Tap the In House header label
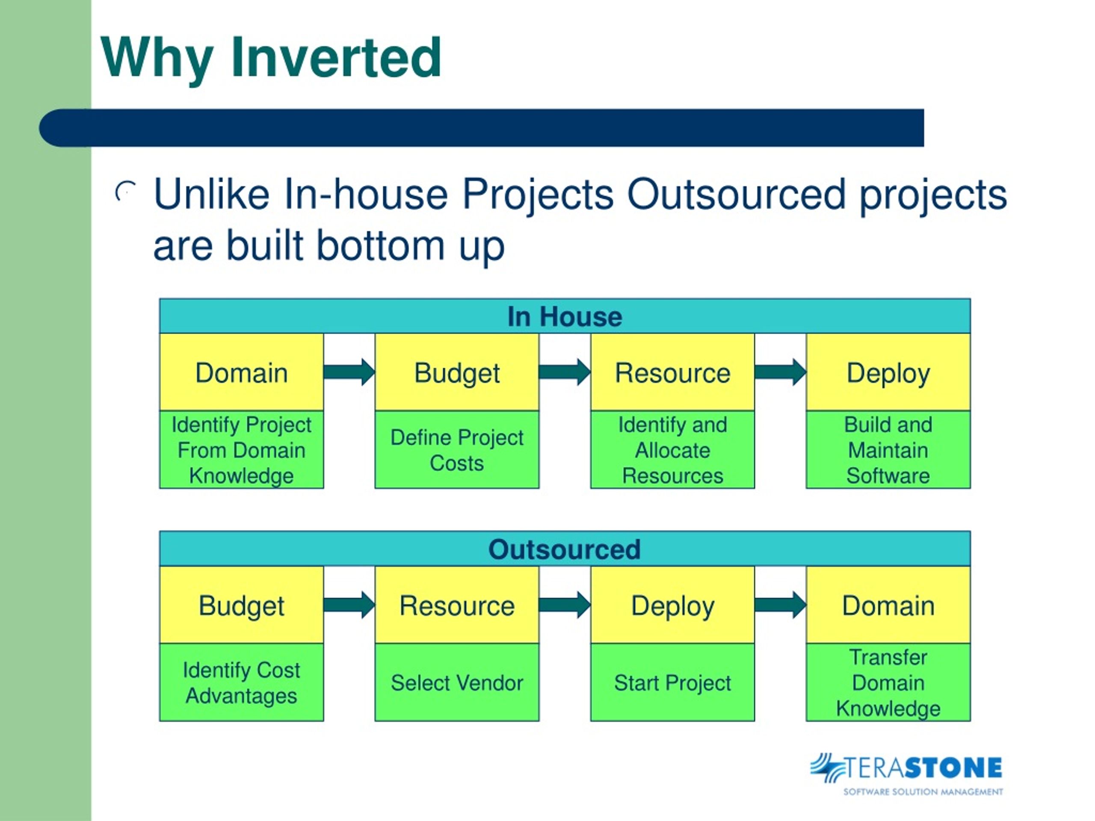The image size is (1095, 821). click(x=565, y=317)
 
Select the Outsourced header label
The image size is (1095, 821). click(x=565, y=549)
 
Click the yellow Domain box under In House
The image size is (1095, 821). click(x=242, y=372)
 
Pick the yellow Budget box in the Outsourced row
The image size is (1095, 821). click(x=242, y=605)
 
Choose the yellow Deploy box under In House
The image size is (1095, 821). click(x=888, y=372)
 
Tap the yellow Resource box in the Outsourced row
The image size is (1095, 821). click(x=457, y=605)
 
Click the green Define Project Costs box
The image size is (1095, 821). click(x=457, y=450)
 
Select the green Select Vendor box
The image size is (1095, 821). click(x=457, y=682)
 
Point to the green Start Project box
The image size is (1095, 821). click(x=673, y=682)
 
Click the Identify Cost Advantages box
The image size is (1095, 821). click(x=242, y=682)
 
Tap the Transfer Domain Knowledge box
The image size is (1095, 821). click(x=888, y=682)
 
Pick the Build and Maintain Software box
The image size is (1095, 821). click(x=888, y=450)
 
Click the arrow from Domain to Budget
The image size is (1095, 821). click(x=349, y=372)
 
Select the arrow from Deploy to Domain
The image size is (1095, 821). click(x=781, y=605)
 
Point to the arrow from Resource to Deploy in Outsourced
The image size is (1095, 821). click(x=565, y=605)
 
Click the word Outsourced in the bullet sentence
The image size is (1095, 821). click(x=736, y=194)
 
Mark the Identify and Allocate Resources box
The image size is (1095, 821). click(x=673, y=450)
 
